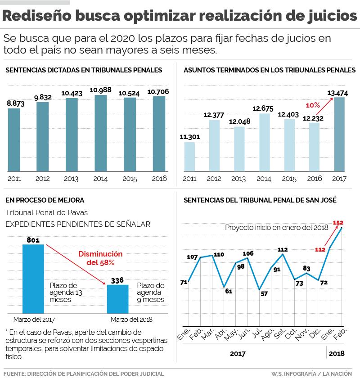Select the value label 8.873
point(16,104)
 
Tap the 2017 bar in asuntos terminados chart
point(339,134)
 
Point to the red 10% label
point(313,105)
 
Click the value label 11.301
point(189,137)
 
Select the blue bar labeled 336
point(117,298)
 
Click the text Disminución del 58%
point(100,258)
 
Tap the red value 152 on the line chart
point(338,222)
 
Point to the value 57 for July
point(264,294)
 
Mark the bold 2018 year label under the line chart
point(337,353)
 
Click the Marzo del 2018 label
point(131,320)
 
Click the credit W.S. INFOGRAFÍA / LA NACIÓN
point(311,374)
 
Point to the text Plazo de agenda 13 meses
point(63,293)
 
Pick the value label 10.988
point(101,90)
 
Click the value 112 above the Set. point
point(283,249)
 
